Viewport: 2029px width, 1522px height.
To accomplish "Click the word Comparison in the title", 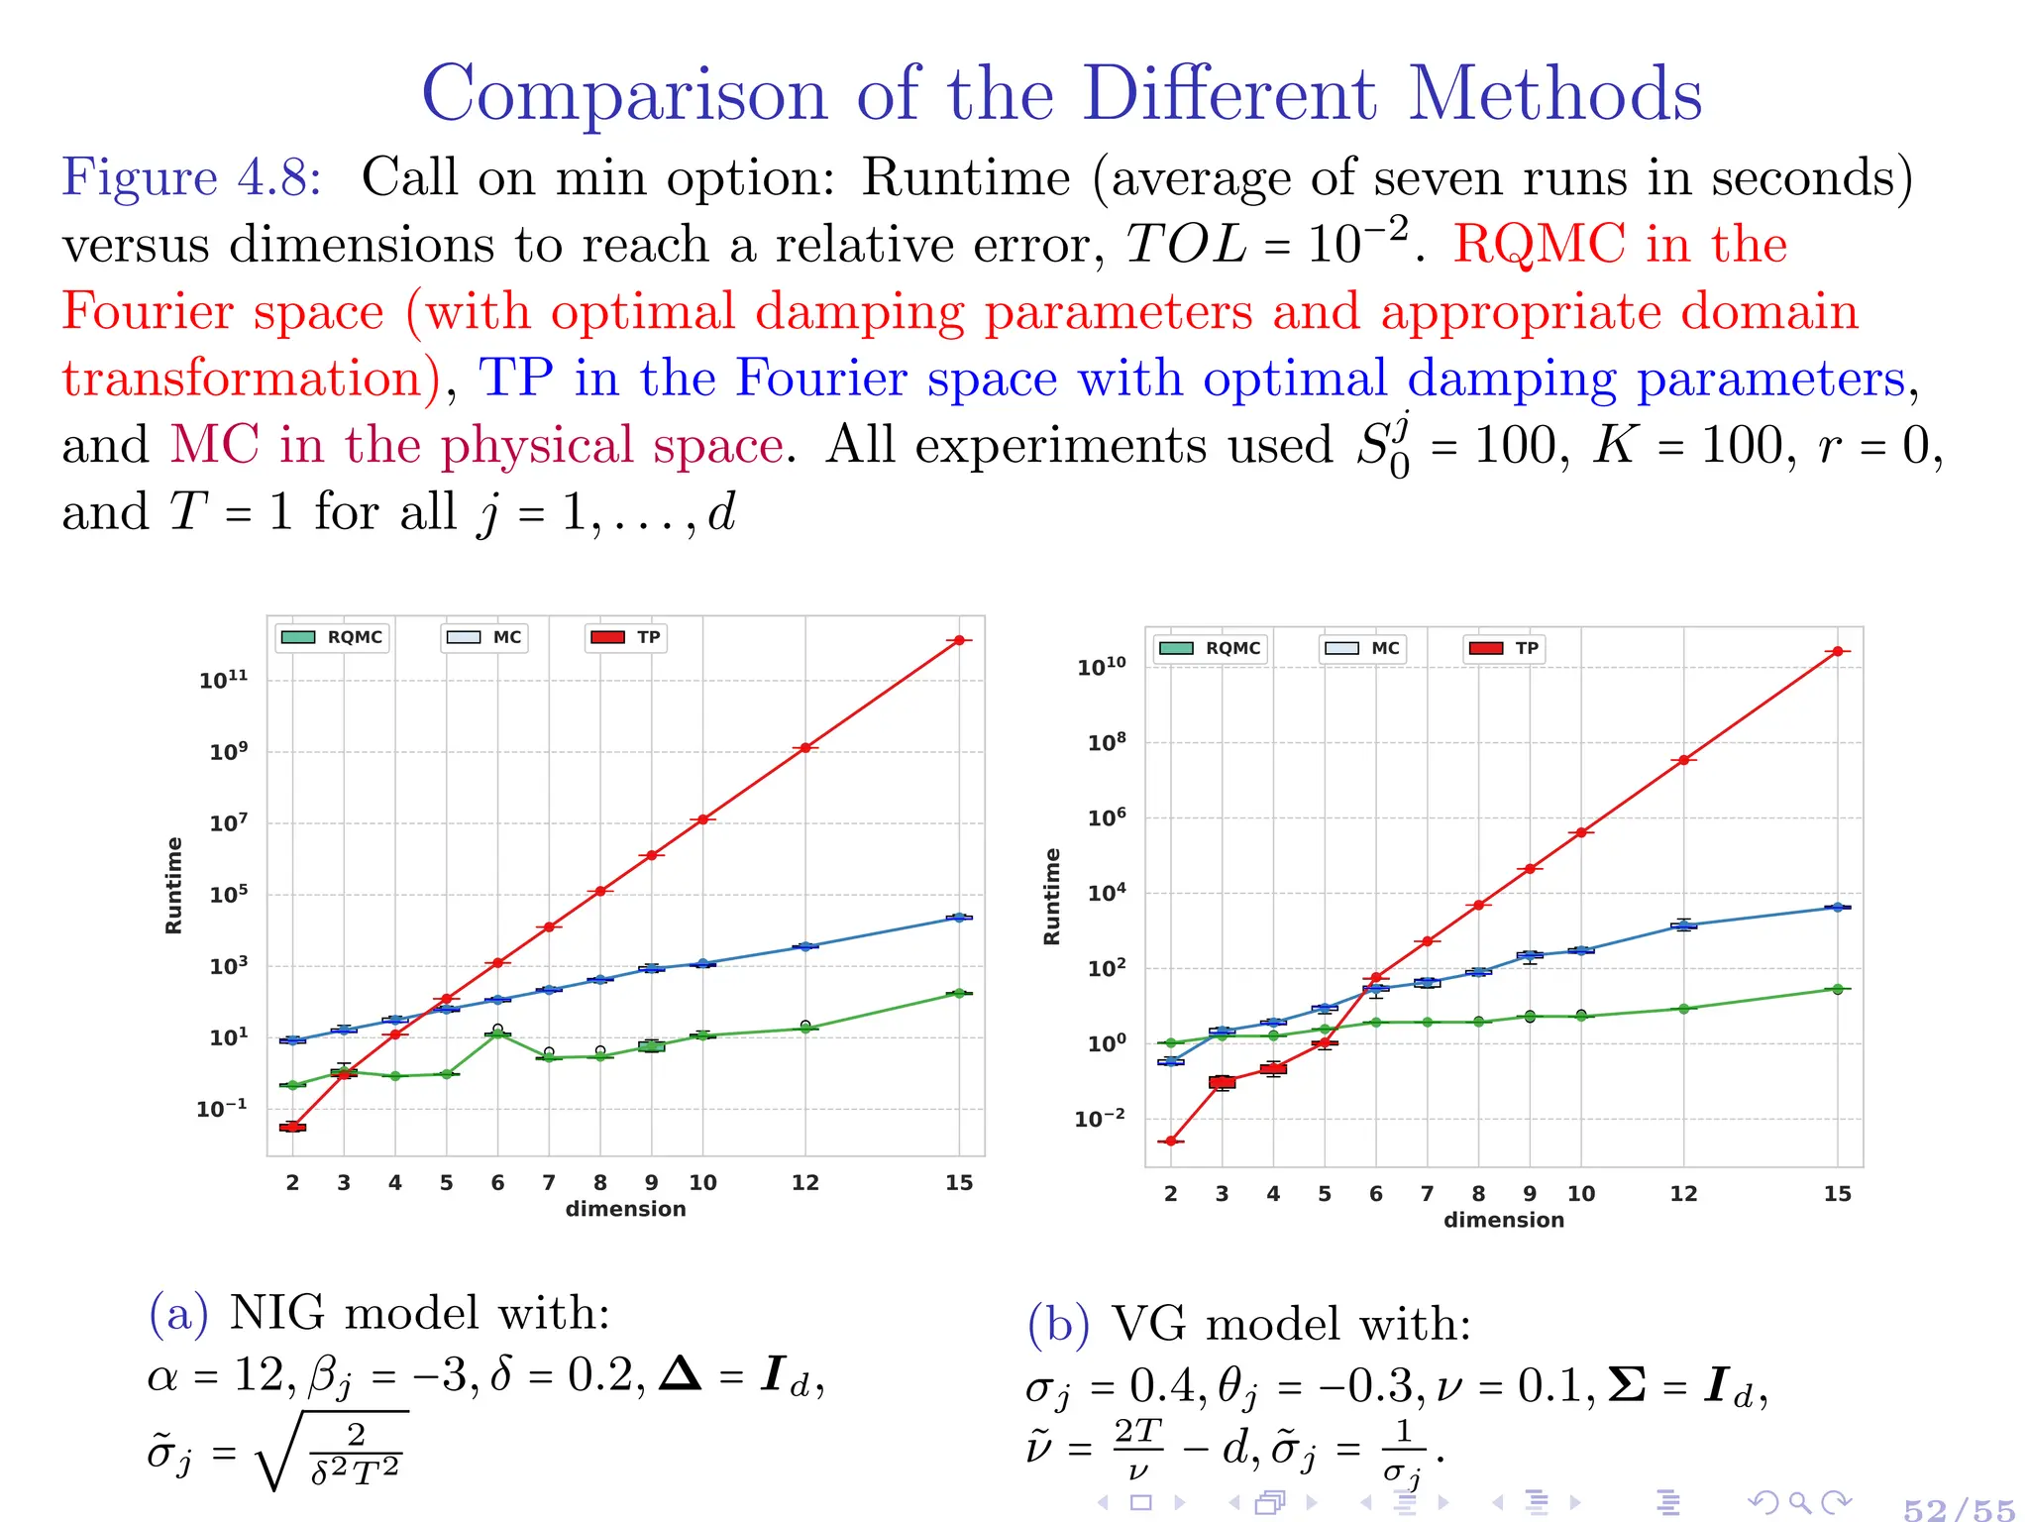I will pos(624,94).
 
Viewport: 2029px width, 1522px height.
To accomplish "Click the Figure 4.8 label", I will pos(191,178).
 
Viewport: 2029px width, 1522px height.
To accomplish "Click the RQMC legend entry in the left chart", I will pos(332,637).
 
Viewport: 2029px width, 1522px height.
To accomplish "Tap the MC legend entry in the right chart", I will pos(1362,648).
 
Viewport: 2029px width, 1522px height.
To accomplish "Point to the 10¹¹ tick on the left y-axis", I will pos(223,680).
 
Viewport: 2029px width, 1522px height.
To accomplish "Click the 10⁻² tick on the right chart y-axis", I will pos(1100,1119).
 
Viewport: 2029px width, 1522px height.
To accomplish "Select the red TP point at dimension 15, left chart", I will pos(958,640).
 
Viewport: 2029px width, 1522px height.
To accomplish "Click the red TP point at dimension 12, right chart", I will pos(1683,760).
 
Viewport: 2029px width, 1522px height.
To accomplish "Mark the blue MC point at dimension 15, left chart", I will pos(958,918).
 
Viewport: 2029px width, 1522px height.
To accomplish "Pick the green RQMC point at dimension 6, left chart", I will pos(497,1033).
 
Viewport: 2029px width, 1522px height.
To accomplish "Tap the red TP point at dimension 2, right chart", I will pos(1171,1141).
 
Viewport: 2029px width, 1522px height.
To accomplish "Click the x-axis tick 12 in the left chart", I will pos(804,1182).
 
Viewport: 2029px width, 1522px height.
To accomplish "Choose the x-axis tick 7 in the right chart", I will pos(1427,1194).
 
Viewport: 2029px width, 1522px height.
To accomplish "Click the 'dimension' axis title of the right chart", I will pos(1503,1220).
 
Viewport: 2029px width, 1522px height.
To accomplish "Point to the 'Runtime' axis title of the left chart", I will pos(174,885).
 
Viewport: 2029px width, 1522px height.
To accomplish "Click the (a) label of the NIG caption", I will pos(178,1313).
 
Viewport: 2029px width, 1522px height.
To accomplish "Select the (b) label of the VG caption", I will pos(1057,1324).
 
